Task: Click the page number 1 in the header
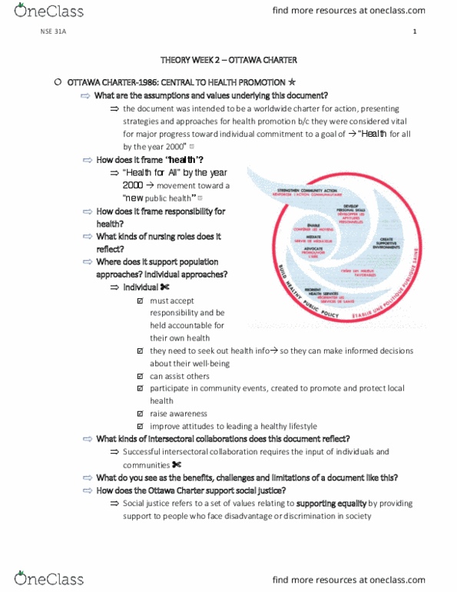click(414, 32)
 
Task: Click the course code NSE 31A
click(50, 32)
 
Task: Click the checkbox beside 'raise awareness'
click(140, 414)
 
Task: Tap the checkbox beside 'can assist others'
click(140, 376)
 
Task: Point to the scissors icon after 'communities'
click(177, 464)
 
